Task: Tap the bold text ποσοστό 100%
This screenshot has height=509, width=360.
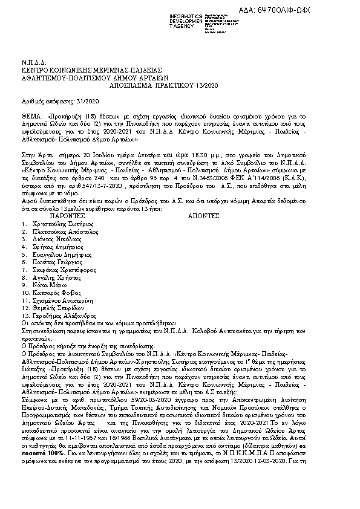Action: [51, 496]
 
